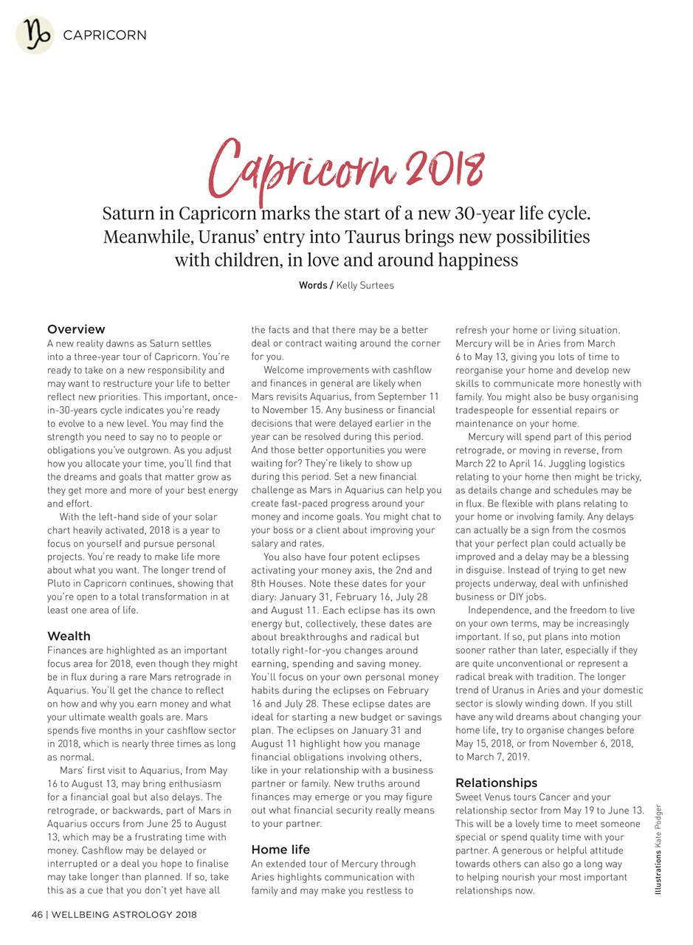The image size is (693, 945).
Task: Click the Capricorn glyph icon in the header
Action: (x=35, y=35)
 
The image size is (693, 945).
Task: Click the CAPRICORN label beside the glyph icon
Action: (x=105, y=35)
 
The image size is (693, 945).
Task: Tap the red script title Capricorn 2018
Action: (x=347, y=170)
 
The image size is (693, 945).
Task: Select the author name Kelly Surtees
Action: (x=365, y=285)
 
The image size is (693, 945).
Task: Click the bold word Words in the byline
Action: (x=313, y=285)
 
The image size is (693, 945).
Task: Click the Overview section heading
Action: (x=76, y=329)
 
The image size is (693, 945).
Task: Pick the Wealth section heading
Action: (x=69, y=636)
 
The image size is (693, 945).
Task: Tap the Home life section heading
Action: (x=280, y=849)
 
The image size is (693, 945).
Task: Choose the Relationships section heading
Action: (x=496, y=783)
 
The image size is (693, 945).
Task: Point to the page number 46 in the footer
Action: (x=37, y=915)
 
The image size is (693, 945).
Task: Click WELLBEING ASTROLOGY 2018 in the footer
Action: (x=124, y=915)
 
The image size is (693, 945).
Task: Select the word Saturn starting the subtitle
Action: (x=128, y=214)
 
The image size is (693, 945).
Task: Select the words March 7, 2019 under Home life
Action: (x=499, y=757)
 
